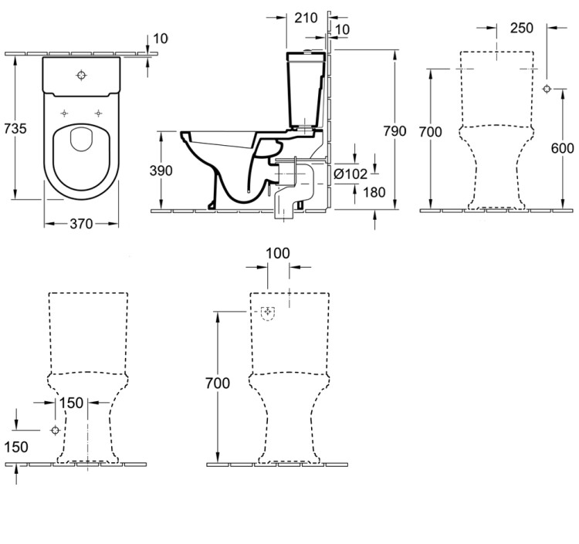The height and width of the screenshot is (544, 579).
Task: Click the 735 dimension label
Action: coord(15,128)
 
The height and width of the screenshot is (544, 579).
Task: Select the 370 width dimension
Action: coord(80,224)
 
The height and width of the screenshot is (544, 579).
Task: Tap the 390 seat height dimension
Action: coord(161,171)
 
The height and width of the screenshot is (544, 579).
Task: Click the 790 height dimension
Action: coord(394,130)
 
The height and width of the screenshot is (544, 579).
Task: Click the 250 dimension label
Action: coord(523,28)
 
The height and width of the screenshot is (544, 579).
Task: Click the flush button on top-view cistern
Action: coord(82,76)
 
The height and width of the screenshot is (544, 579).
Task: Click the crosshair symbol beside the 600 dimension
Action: coord(547,89)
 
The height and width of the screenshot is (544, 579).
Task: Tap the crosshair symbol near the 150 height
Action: coord(54,430)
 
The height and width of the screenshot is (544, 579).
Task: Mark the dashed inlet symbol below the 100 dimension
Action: coord(268,314)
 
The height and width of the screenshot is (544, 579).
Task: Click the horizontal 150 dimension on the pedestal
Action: coord(71,403)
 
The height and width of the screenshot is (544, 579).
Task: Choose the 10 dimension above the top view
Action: coord(161,38)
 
